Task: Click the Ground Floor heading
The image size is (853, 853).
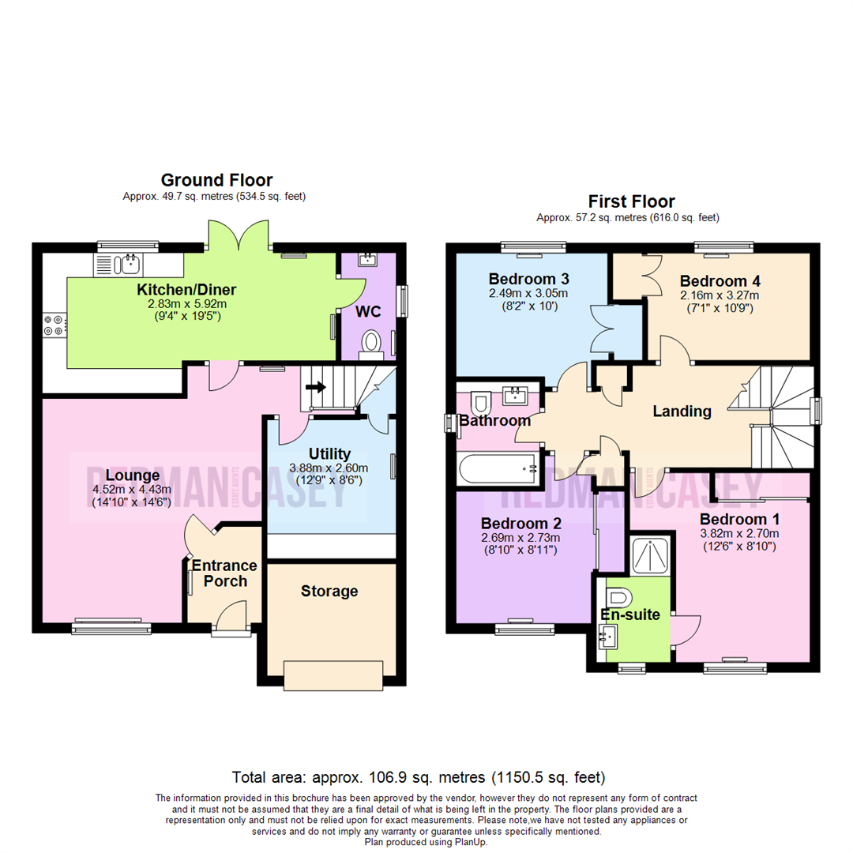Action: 216,180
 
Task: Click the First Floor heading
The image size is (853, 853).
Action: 631,201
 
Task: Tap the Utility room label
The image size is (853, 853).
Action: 329,453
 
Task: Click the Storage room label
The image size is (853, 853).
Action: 329,591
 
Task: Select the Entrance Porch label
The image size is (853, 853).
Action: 224,573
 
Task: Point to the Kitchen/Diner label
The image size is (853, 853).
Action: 186,289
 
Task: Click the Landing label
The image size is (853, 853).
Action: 682,411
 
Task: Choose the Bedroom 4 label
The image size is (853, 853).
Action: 713,281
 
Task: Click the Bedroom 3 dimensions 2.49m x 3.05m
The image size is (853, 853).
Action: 528,294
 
